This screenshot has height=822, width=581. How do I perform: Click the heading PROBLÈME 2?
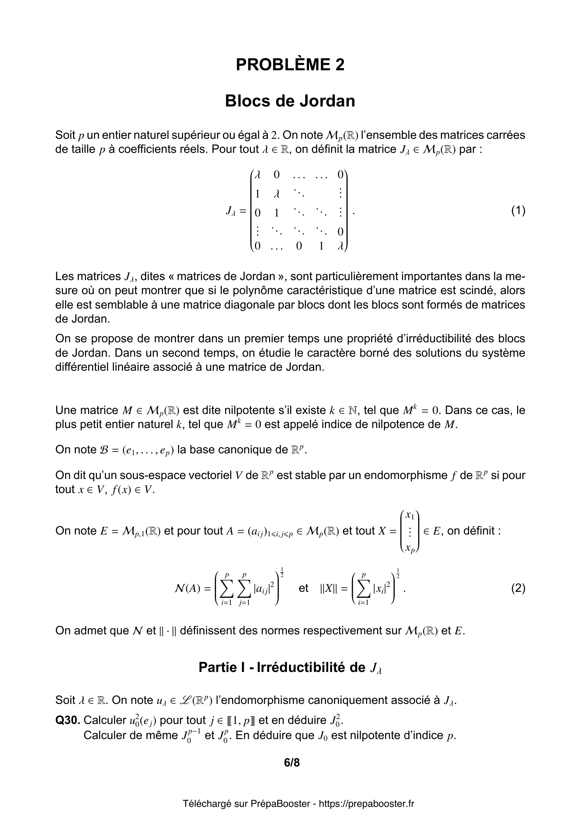[290, 65]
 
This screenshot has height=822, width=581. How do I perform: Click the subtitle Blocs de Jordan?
[290, 101]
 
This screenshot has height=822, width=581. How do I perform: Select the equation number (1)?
[518, 211]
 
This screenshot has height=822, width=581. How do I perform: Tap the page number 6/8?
[292, 763]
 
